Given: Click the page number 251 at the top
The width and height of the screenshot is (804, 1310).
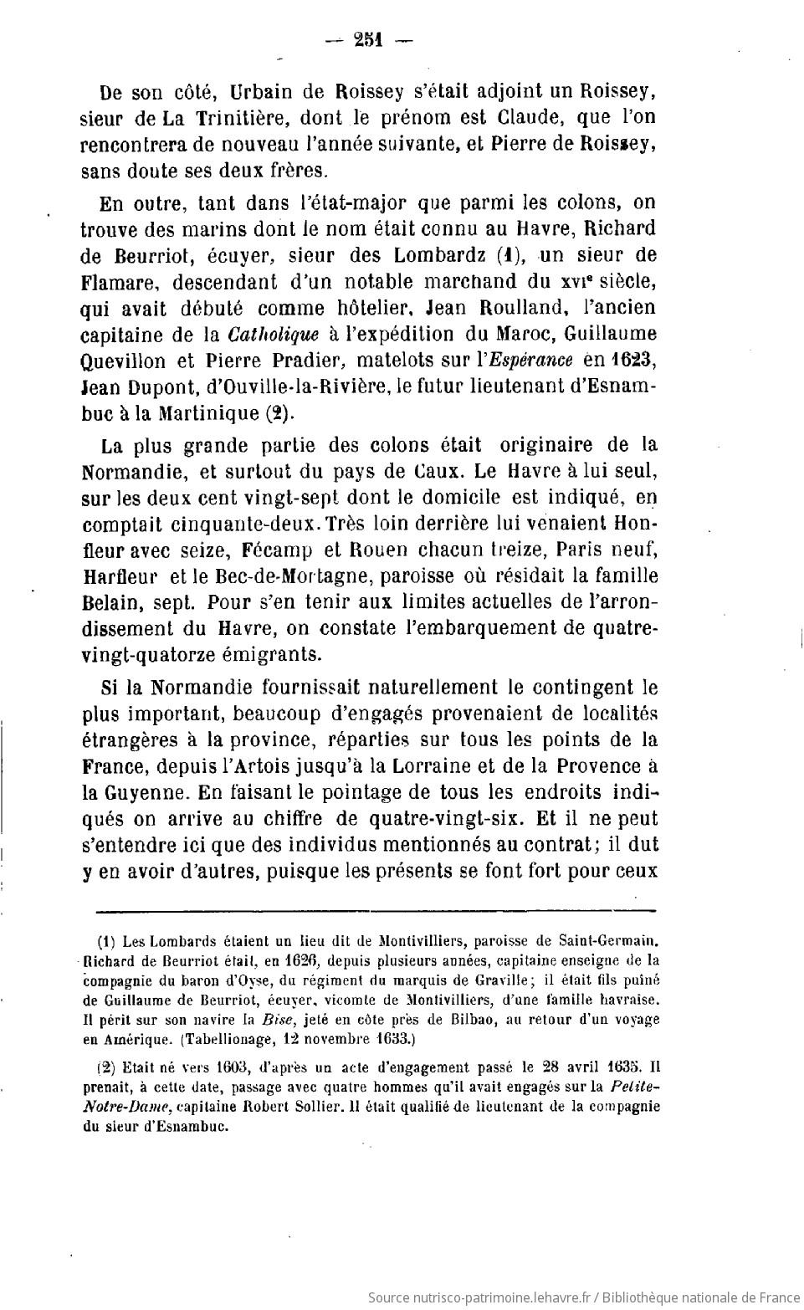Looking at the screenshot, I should pos(367,38).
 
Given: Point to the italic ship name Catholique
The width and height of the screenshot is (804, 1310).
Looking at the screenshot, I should pos(273,334).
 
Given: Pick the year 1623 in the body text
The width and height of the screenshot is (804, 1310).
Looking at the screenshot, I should pos(632,361).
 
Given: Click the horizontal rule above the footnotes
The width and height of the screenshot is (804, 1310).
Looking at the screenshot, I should pos(377,910).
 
